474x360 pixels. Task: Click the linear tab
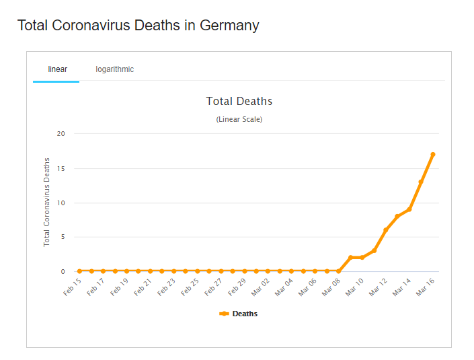click(57, 69)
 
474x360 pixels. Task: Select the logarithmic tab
click(114, 69)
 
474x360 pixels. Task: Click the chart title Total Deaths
click(239, 102)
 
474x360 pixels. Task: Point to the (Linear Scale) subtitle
click(239, 120)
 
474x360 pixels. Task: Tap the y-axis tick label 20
click(61, 133)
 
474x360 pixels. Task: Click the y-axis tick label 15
click(61, 168)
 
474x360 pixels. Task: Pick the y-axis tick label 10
click(61, 203)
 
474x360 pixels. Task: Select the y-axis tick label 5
click(63, 237)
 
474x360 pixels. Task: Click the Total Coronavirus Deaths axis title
click(47, 202)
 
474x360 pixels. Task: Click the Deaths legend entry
click(239, 314)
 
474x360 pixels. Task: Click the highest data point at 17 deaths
click(433, 154)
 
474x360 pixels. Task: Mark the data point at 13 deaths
click(421, 182)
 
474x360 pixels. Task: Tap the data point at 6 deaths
click(386, 230)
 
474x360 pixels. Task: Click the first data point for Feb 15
click(79, 271)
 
